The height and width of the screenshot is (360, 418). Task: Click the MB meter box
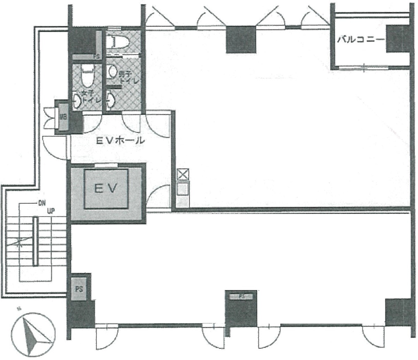pos(63,117)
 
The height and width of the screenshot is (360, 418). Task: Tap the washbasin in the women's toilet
pos(77,101)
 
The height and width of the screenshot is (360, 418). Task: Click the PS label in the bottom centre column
pos(241,297)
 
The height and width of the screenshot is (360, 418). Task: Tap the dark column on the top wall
pos(241,40)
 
